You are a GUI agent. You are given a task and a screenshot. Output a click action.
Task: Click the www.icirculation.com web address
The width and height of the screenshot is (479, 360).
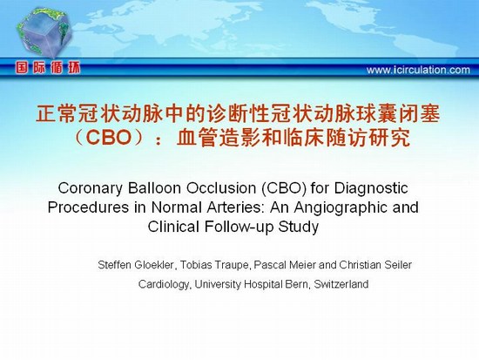418,70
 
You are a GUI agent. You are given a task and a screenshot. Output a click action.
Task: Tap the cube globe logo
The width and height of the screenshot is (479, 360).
44,32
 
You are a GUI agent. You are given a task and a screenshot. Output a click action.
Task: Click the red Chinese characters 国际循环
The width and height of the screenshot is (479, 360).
48,68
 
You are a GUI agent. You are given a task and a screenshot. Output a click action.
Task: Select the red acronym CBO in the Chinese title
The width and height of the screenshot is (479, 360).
109,138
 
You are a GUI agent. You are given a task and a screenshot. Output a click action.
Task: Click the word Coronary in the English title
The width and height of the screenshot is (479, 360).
90,188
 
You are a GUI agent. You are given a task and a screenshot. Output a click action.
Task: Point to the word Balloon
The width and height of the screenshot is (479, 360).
154,187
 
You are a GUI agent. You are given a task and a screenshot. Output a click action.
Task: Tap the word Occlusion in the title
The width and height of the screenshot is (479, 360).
221,187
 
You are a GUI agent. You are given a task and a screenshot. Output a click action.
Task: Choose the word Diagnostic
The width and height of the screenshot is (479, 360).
371,188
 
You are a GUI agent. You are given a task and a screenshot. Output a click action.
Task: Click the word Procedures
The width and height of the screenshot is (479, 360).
88,207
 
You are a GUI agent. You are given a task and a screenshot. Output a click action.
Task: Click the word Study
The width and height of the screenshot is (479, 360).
299,228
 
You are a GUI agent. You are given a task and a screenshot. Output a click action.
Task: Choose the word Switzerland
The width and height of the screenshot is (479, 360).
341,284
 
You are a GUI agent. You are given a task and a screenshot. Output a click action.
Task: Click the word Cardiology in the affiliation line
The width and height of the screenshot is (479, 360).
165,284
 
